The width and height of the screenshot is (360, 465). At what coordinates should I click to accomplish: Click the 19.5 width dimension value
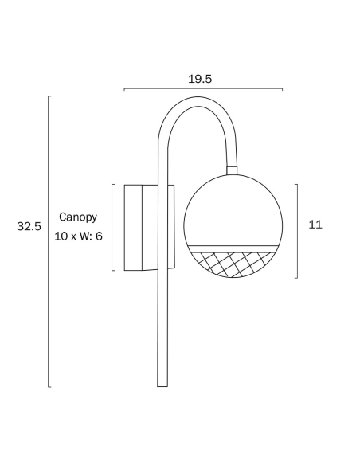(x=200, y=79)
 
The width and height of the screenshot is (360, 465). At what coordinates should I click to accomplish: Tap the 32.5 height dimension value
(x=29, y=226)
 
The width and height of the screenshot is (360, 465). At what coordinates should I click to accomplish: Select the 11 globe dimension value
(x=315, y=225)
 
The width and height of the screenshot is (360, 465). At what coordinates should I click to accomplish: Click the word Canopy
(x=78, y=217)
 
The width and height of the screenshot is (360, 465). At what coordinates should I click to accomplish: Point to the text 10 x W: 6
(x=78, y=236)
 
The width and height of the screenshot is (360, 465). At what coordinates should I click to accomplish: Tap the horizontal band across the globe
(x=233, y=248)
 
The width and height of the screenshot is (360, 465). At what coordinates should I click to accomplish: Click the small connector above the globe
(x=232, y=170)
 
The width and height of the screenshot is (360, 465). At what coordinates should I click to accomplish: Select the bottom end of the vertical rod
(x=162, y=386)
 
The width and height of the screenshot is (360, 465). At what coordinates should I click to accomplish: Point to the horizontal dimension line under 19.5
(x=203, y=88)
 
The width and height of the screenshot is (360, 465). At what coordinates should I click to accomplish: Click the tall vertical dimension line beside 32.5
(x=49, y=241)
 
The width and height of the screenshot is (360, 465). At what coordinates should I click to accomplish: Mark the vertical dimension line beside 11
(x=297, y=231)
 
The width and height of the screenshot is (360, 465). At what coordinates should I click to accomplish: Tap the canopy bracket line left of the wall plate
(x=112, y=227)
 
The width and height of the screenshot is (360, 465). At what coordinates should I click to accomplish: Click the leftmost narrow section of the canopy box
(x=133, y=228)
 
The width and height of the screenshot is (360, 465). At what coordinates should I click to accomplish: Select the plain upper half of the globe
(x=233, y=210)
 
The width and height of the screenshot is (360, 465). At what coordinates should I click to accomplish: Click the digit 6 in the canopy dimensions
(x=99, y=236)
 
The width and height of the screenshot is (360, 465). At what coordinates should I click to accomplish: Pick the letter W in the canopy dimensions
(x=83, y=236)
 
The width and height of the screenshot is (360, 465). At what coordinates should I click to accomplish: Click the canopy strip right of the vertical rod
(x=171, y=227)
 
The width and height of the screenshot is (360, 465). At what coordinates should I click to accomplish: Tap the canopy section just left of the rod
(x=150, y=228)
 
